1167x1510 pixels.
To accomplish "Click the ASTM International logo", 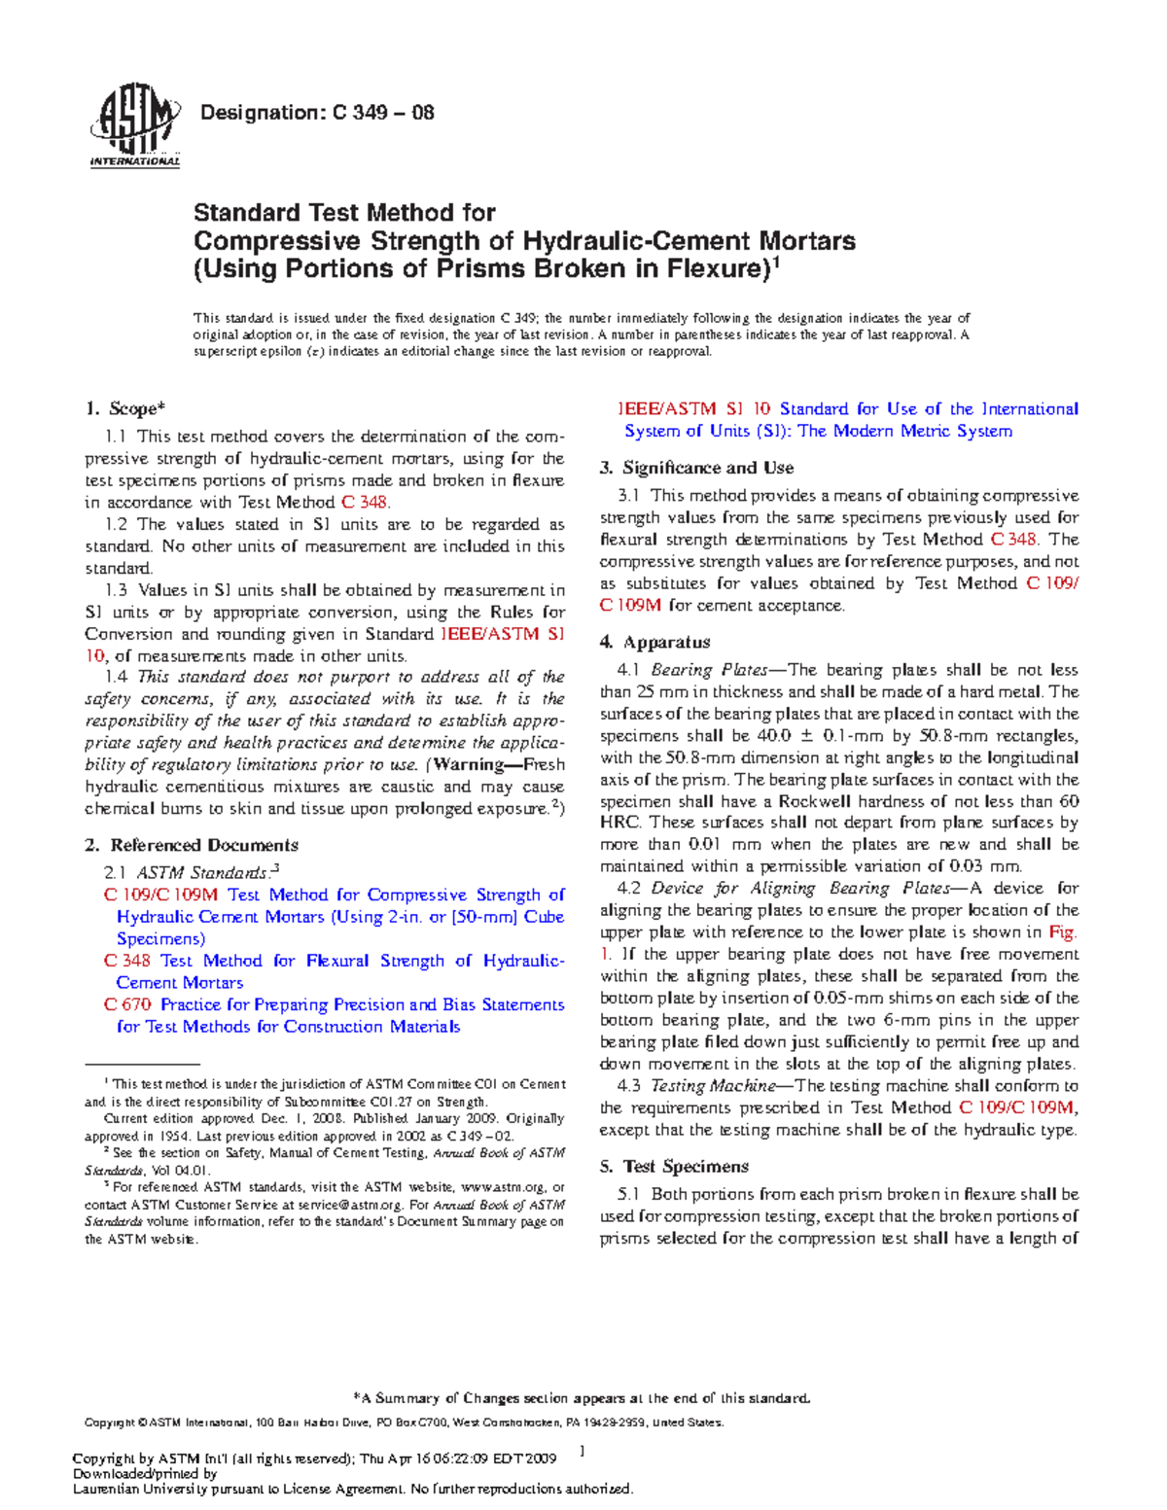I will (134, 124).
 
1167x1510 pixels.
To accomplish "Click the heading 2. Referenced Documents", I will (192, 845).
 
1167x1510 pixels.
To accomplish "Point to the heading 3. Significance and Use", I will (696, 468).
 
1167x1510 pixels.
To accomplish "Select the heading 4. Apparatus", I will (654, 642).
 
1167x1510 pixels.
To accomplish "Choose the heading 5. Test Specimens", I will (674, 1166).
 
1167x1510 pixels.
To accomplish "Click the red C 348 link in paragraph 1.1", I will (365, 503).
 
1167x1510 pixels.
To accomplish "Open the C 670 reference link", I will (127, 1004).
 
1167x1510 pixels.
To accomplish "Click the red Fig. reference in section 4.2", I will (1063, 932).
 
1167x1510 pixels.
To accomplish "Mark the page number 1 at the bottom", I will (582, 1452).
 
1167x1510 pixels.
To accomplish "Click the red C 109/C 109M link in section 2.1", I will (160, 895).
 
